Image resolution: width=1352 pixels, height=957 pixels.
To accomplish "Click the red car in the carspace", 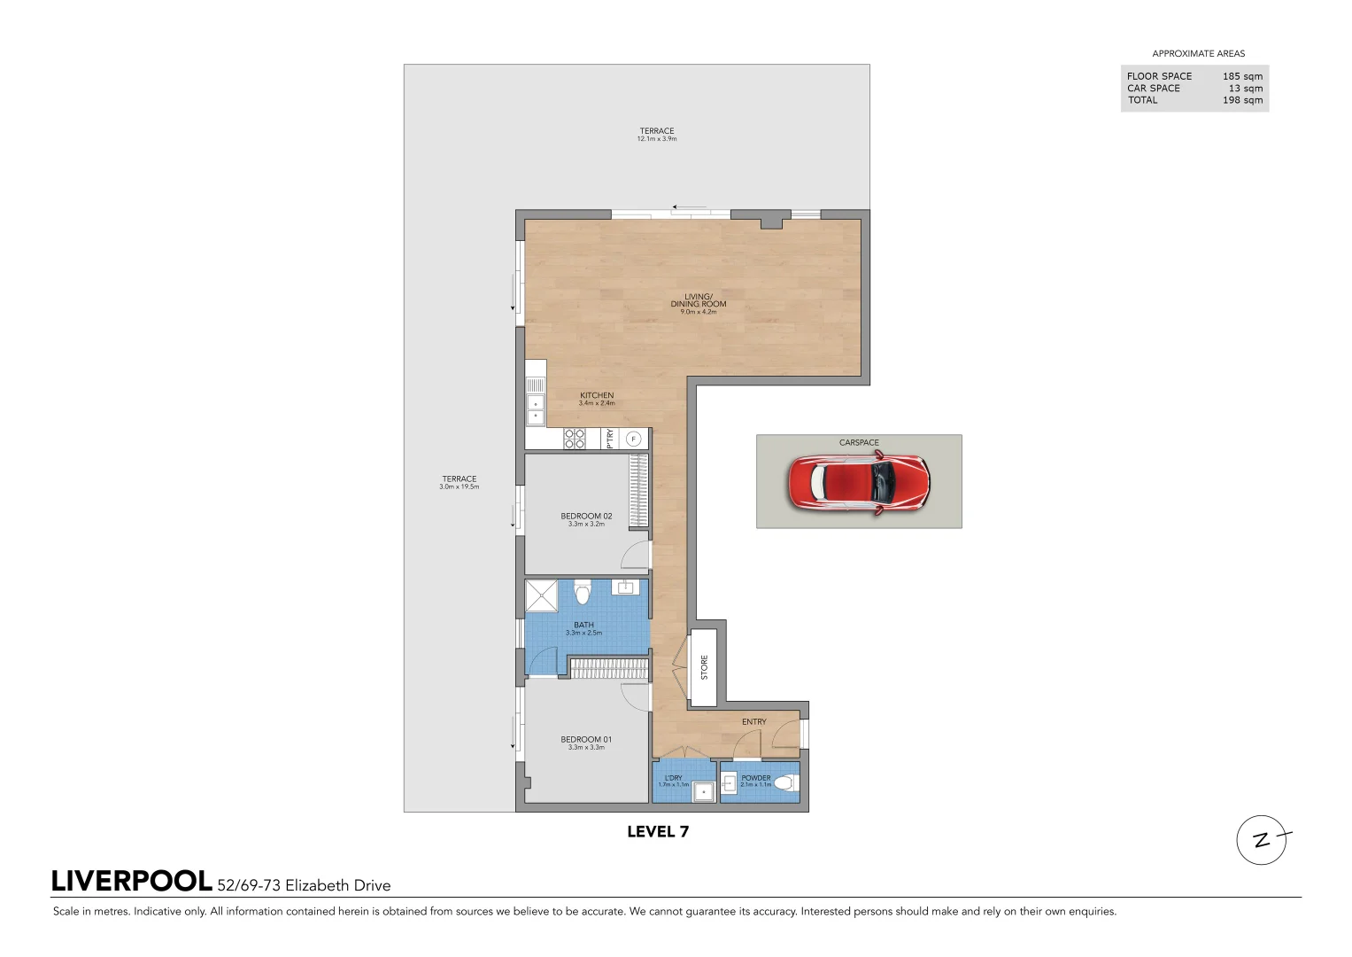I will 858,483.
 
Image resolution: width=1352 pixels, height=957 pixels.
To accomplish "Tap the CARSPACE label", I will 859,443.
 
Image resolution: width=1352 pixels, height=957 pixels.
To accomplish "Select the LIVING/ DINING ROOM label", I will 699,300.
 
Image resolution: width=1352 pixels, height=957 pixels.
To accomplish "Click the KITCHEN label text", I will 597,396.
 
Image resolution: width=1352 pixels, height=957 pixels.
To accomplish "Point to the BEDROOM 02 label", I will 586,517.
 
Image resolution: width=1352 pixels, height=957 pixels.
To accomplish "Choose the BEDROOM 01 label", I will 586,740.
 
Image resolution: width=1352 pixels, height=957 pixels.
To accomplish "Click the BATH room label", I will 583,626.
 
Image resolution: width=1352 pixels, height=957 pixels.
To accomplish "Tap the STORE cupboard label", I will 705,667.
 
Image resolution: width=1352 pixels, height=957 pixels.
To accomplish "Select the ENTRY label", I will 754,722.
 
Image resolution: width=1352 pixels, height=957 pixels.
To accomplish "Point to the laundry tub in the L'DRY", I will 704,792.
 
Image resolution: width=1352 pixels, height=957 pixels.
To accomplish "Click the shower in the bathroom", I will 542,596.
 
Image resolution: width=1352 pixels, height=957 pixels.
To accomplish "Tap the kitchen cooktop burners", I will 575,439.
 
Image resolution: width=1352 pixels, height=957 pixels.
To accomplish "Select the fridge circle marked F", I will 633,439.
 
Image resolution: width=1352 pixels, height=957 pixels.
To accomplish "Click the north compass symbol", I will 1262,840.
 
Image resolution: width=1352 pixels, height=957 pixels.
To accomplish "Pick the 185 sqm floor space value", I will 1242,77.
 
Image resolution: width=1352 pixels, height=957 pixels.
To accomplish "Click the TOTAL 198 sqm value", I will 1242,100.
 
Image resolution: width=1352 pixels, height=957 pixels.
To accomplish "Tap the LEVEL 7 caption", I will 658,832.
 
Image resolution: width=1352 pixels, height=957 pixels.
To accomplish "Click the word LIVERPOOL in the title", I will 132,882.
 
